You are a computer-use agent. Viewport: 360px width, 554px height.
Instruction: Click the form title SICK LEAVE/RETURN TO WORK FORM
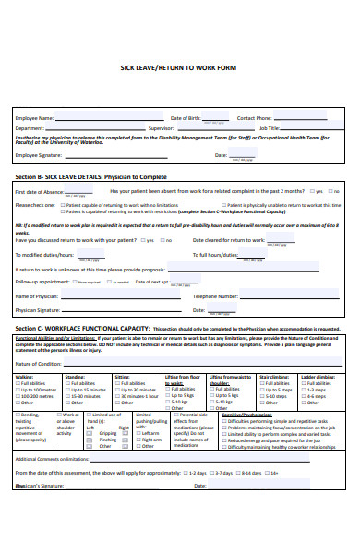coord(180,67)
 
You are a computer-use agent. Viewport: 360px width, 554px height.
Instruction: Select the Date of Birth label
coord(186,119)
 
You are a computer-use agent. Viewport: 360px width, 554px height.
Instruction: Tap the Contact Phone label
coord(254,119)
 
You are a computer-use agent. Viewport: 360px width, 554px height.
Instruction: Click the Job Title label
coord(270,128)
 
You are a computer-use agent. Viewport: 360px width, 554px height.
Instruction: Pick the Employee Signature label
coord(41,155)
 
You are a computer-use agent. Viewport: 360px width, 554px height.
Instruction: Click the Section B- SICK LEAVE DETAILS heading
coord(83,175)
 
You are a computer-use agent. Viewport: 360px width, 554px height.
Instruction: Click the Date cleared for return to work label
coord(227,240)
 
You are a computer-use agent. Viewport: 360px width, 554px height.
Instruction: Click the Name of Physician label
coord(39,296)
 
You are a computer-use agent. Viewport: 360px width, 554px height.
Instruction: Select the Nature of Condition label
coord(39,364)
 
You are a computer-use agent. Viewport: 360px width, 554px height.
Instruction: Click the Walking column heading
coord(24,377)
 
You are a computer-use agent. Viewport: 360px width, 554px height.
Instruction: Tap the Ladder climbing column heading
coord(318,377)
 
